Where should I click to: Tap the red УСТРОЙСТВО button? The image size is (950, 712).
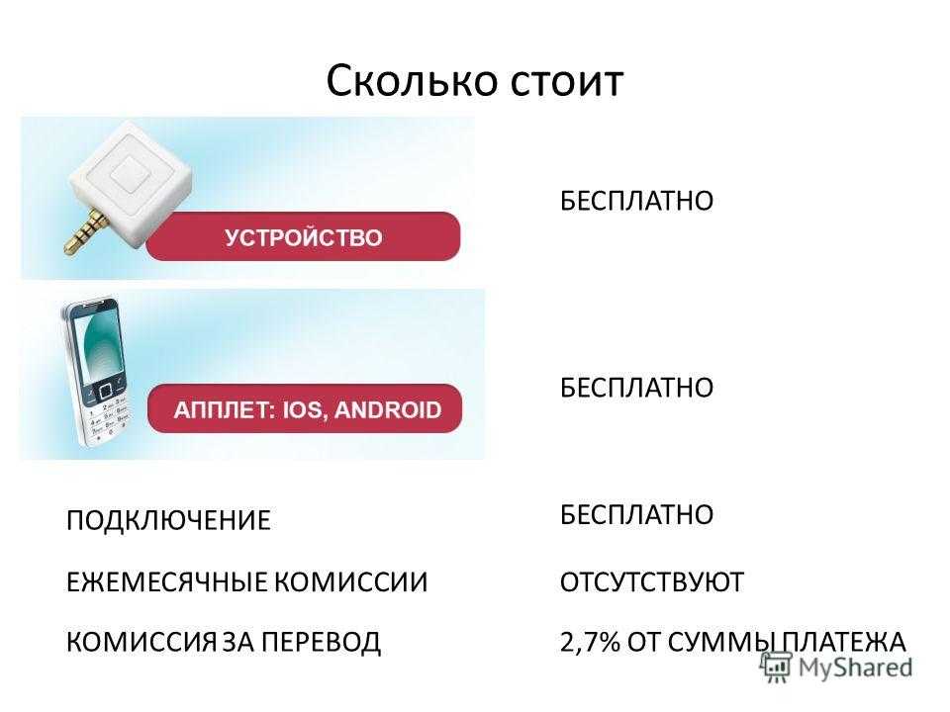click(303, 236)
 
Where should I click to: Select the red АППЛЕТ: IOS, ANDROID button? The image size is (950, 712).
click(305, 408)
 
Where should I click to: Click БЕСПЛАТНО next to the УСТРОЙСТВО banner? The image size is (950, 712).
click(636, 201)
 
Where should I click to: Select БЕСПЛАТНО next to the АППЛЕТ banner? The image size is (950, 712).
click(636, 388)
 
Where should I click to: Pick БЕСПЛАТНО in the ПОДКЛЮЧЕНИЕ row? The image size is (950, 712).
click(636, 514)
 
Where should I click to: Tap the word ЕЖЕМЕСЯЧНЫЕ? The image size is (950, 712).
click(166, 581)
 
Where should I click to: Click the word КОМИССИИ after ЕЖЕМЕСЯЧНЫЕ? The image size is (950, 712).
click(350, 581)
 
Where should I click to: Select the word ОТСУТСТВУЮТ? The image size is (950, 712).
click(652, 581)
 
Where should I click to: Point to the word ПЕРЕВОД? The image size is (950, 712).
click(321, 643)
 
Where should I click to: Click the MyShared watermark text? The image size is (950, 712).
click(855, 667)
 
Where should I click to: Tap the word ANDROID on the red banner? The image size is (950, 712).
click(388, 409)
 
